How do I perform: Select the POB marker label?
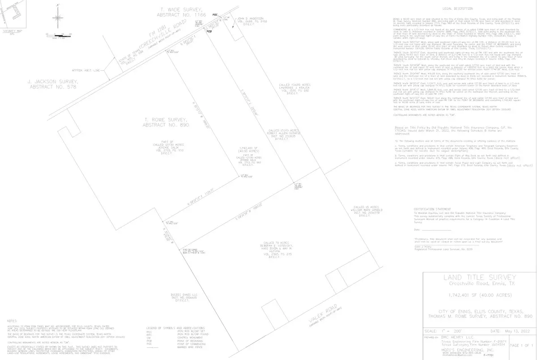click(x=209, y=32)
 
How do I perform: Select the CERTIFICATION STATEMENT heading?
click(x=432, y=209)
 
